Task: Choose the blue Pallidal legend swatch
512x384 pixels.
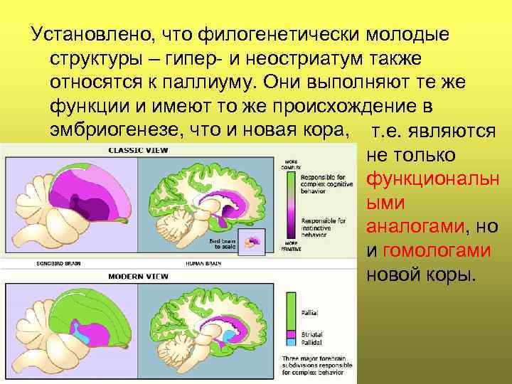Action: [290, 341]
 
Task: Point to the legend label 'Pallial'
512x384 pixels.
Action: [310, 311]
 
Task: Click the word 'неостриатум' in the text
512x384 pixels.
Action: [284, 58]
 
